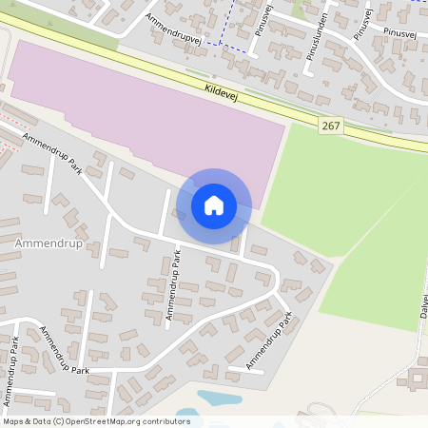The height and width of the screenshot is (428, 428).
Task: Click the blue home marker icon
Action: pos(214,205)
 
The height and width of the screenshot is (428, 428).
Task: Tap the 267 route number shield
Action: pos(331,126)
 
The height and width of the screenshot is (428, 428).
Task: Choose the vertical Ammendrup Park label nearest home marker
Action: pos(173,284)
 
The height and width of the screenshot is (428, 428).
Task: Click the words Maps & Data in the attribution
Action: pos(25,420)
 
